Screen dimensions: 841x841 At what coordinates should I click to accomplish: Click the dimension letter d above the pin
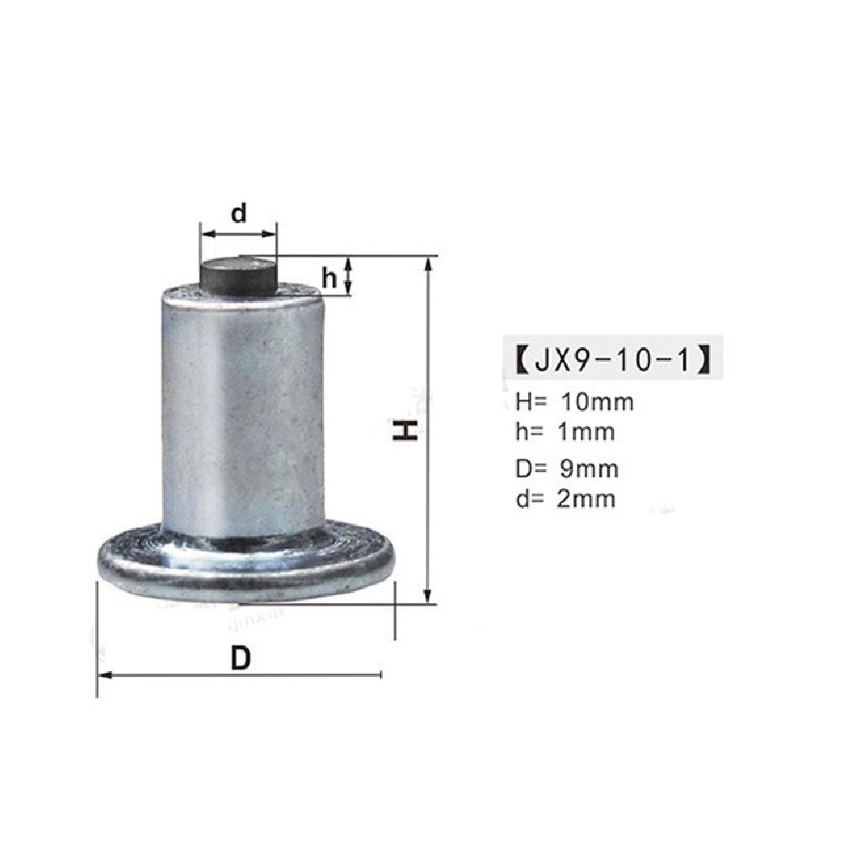[240, 214]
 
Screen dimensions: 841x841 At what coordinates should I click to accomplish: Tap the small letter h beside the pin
[330, 279]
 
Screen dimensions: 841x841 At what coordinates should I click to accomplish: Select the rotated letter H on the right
[406, 431]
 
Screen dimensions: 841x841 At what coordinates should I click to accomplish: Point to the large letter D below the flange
[241, 659]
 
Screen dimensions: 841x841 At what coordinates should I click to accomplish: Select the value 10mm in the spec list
[597, 401]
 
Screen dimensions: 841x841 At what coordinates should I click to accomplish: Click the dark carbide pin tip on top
[238, 275]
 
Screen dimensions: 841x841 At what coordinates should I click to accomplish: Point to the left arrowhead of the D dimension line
[105, 674]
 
